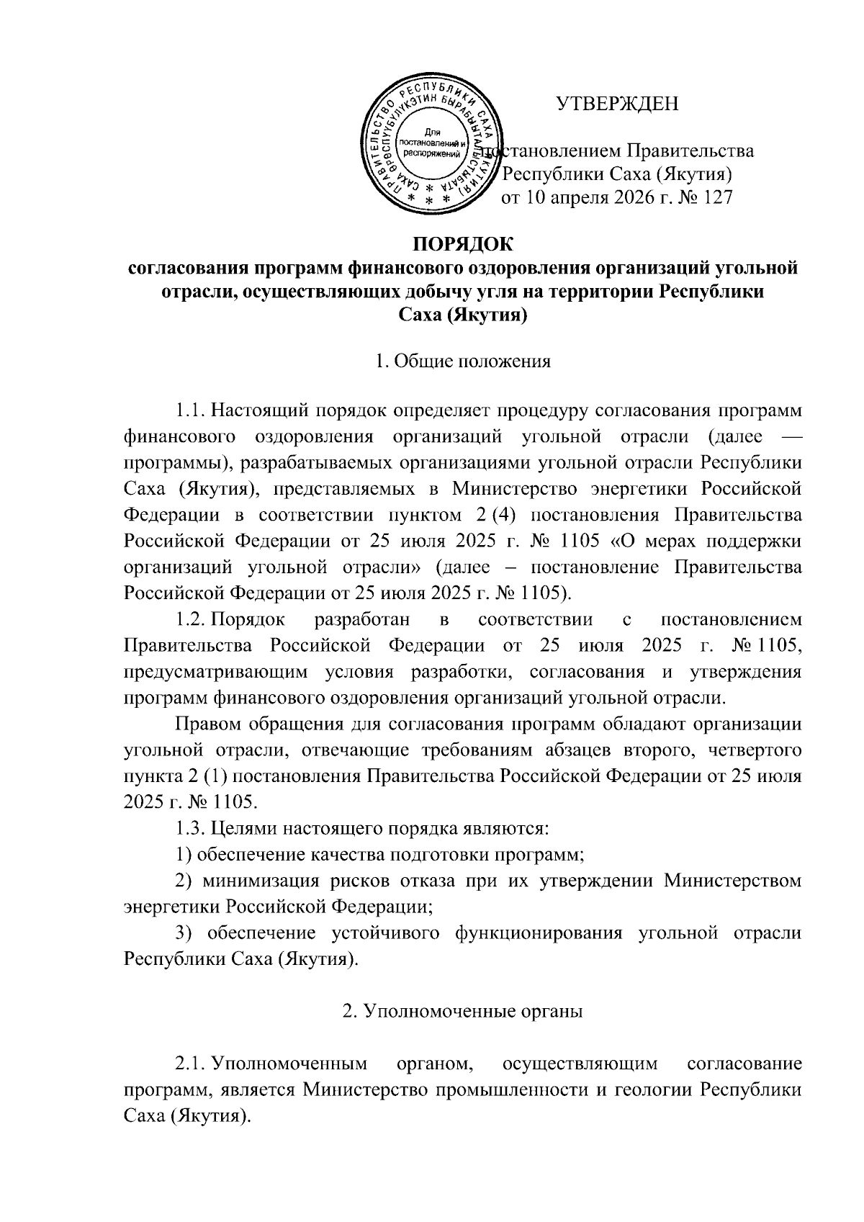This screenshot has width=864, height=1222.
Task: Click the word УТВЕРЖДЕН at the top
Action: (617, 105)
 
